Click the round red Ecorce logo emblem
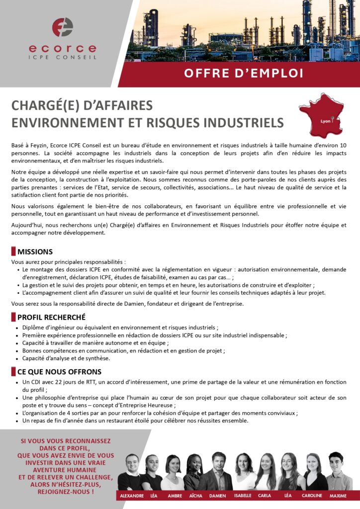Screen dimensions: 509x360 (x=63, y=27)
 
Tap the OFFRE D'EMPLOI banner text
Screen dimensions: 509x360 (x=244, y=73)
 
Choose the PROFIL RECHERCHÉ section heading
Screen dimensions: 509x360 (x=51, y=317)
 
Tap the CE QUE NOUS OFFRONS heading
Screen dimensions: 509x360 (x=59, y=372)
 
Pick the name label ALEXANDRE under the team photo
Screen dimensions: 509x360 (x=132, y=496)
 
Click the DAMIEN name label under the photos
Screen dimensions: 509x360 (x=217, y=496)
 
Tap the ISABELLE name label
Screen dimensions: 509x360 (x=243, y=496)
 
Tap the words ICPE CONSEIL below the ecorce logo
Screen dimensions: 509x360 (x=63, y=57)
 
